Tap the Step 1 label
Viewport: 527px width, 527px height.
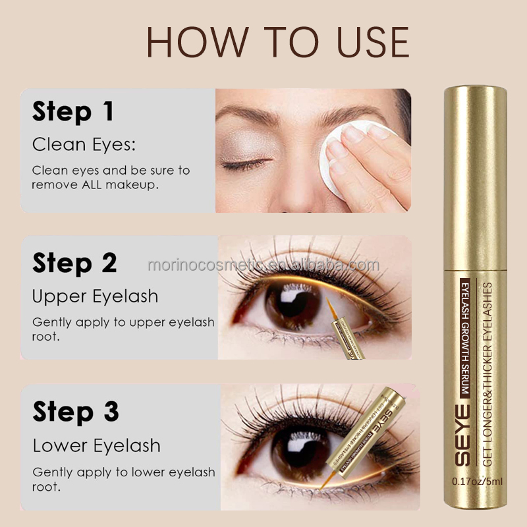(73, 111)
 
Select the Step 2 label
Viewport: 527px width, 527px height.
(74, 263)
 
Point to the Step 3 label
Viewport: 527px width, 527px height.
(74, 412)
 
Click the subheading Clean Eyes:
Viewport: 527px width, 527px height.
(84, 144)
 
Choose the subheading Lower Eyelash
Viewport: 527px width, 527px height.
(96, 445)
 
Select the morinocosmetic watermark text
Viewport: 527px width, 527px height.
(263, 265)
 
